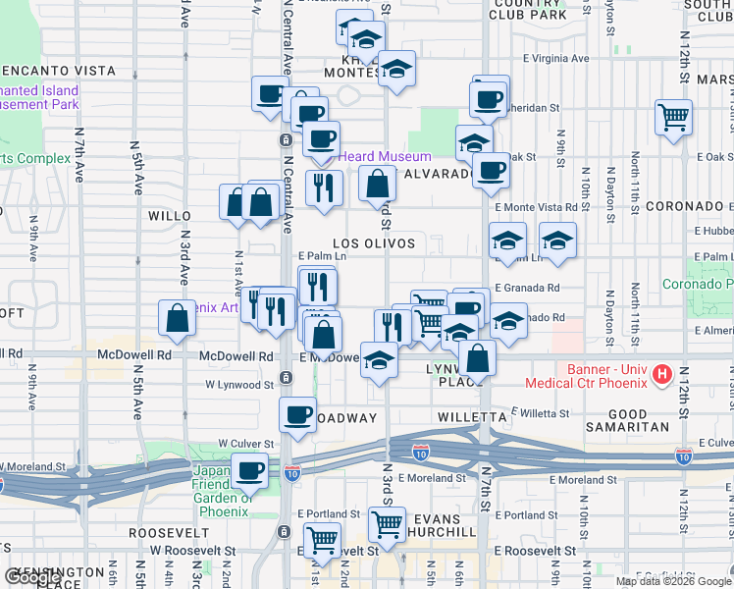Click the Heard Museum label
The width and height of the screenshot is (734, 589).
tap(385, 156)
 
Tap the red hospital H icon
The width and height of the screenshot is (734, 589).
tap(661, 373)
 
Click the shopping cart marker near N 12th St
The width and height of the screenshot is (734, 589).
tap(674, 118)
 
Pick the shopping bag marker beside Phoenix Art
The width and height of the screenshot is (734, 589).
tap(177, 318)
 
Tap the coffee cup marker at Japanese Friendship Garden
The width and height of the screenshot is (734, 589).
tap(249, 471)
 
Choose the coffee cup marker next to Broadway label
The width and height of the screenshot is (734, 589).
tap(297, 414)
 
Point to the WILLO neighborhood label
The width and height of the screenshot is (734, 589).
tap(169, 214)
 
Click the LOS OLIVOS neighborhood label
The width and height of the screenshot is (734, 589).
tap(373, 242)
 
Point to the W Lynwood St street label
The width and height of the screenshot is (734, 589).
tap(238, 385)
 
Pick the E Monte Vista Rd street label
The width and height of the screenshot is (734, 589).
tap(536, 207)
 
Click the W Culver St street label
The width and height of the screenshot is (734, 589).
tap(243, 444)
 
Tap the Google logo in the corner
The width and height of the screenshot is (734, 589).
tap(33, 576)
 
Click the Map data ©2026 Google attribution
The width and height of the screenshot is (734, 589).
tap(673, 581)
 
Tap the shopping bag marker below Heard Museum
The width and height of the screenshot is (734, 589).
tap(377, 183)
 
